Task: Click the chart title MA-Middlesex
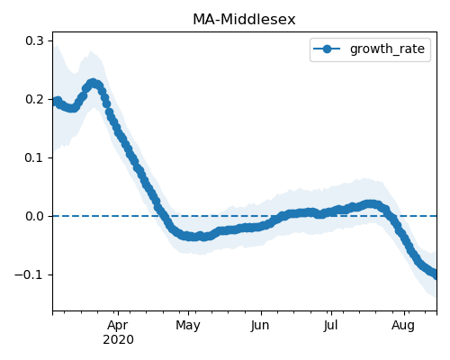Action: coord(244,20)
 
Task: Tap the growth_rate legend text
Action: coord(387,49)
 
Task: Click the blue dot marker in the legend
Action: coord(327,49)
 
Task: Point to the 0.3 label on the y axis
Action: coord(35,40)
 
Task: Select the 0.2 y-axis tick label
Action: coord(35,99)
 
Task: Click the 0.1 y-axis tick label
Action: coord(35,157)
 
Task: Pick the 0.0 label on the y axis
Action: coord(35,216)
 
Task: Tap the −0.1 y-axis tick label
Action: coord(30,274)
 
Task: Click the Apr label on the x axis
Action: coord(118,325)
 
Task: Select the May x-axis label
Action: coord(188,325)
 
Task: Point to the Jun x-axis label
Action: coord(260,325)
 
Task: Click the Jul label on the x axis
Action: coord(330,325)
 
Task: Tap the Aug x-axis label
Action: coord(403,325)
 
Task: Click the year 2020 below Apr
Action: coord(118,340)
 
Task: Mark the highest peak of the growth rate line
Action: coord(93,83)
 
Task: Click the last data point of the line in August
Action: coord(436,274)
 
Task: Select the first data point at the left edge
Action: coord(54,102)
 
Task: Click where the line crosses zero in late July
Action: coord(394,216)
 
